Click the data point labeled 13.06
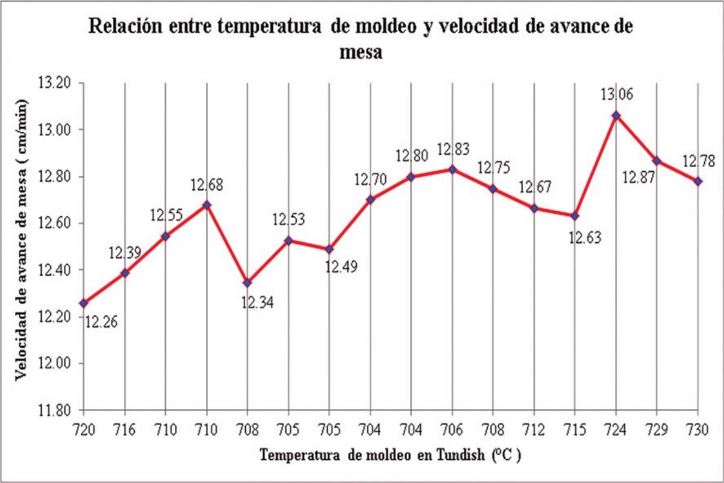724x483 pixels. point(616,115)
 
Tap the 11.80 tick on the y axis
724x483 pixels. point(54,411)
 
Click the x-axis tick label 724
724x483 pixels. point(616,429)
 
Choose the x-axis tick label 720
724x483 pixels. point(83,429)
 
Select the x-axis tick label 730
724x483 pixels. point(698,429)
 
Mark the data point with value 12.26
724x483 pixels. point(83,303)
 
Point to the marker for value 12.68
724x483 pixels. point(207,205)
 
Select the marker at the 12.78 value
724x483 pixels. point(698,181)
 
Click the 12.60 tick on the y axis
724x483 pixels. point(54,223)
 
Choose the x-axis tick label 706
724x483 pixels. point(452,429)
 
